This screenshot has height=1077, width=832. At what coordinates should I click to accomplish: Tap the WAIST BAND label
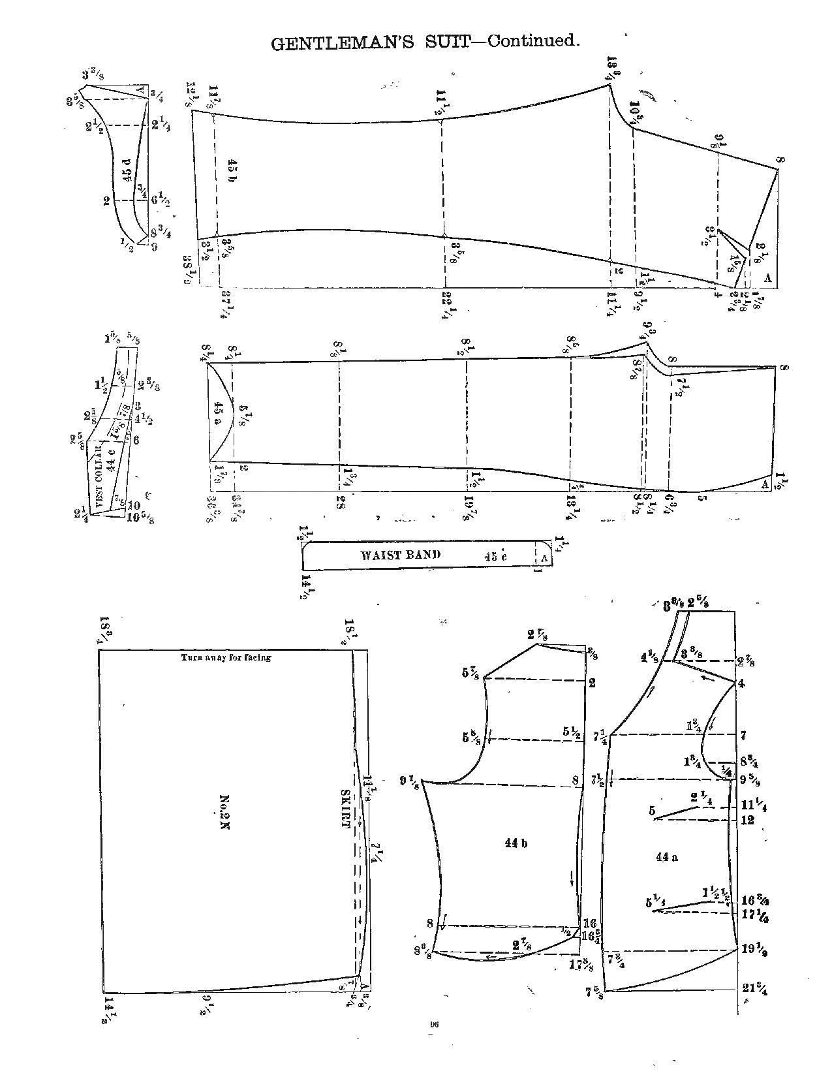click(400, 555)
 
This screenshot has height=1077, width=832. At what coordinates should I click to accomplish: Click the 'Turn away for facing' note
click(226, 657)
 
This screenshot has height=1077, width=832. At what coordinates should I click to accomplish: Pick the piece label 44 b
click(515, 843)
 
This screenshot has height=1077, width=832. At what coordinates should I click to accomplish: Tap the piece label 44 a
click(666, 857)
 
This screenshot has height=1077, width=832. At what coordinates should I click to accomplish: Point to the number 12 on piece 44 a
click(748, 819)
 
